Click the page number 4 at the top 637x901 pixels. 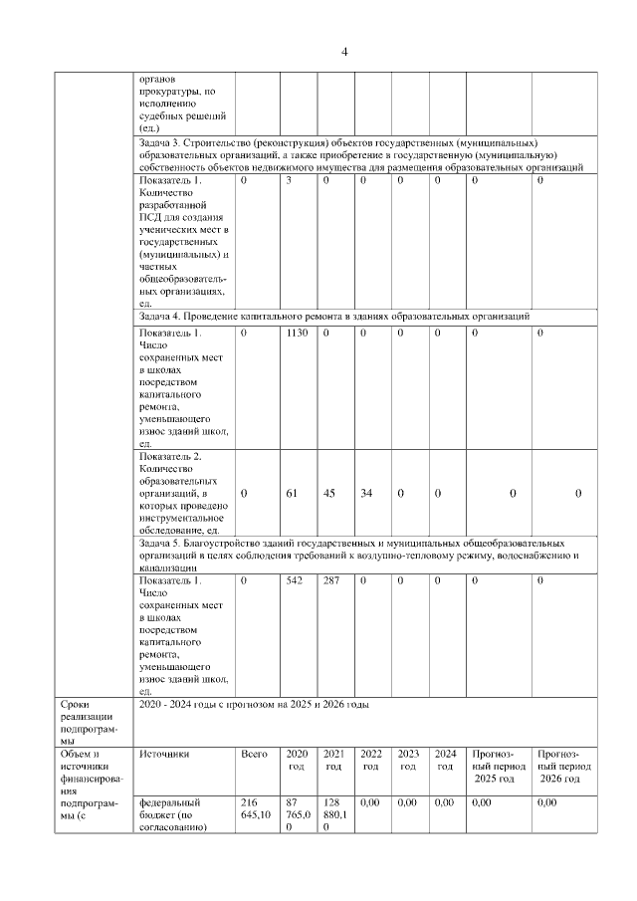pyautogui.click(x=343, y=52)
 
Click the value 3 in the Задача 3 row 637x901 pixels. pyautogui.click(x=288, y=180)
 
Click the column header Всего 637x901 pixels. pyautogui.click(x=255, y=754)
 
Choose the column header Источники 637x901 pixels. pyautogui.click(x=164, y=754)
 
